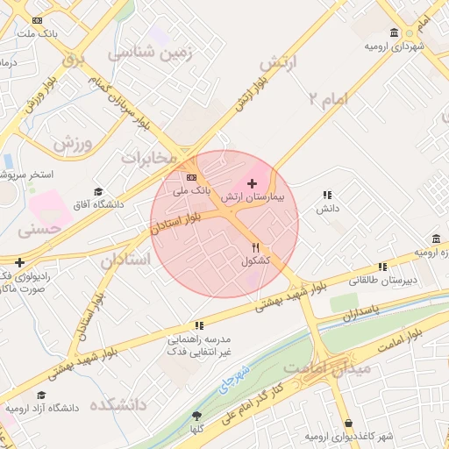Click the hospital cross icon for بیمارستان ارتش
coord(253,184)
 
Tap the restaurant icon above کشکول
coord(255,248)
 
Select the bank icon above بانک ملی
coord(191,177)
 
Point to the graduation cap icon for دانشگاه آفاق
coord(98,192)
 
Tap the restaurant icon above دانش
coord(327,196)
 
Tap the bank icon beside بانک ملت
coord(36,20)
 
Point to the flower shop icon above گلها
coord(196,417)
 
